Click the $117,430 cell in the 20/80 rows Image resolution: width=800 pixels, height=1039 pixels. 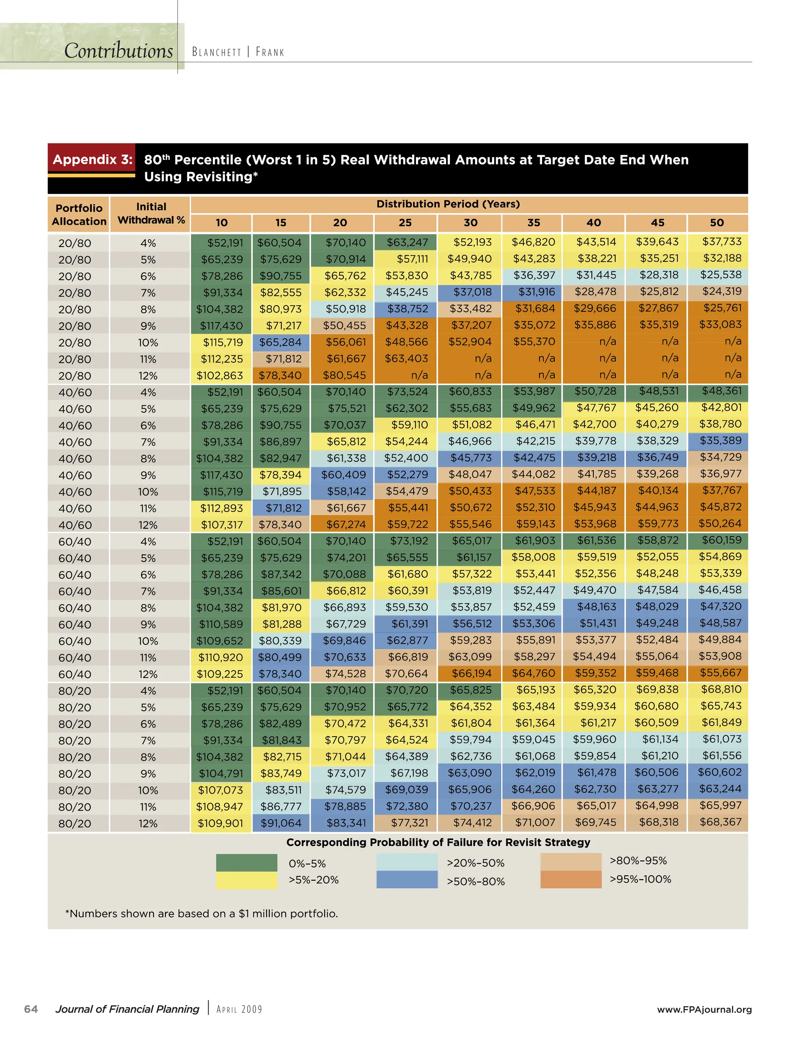pos(221,326)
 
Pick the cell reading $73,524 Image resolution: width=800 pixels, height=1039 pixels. pos(407,392)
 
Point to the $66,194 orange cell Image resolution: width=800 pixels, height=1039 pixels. pos(470,674)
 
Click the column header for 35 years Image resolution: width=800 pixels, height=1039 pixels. pos(533,223)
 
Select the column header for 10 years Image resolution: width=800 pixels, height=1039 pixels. pos(221,223)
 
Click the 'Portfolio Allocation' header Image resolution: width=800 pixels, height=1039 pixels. pos(79,215)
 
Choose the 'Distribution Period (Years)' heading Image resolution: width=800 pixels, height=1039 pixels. pos(448,204)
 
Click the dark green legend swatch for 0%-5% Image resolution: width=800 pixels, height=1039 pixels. pos(246,862)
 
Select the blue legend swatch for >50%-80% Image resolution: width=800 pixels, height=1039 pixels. pos(407,880)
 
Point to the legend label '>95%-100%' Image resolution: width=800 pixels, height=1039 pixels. pos(640,879)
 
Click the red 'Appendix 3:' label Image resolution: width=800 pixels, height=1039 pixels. pos(92,159)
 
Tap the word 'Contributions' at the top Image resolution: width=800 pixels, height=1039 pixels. pos(118,50)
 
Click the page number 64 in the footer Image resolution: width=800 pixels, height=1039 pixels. pos(31,1009)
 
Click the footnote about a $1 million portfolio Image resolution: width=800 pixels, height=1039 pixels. pos(201,914)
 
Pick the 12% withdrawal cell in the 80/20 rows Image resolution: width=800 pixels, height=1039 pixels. pos(148,823)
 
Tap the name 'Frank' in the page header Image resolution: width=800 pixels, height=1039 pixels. pos(270,52)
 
